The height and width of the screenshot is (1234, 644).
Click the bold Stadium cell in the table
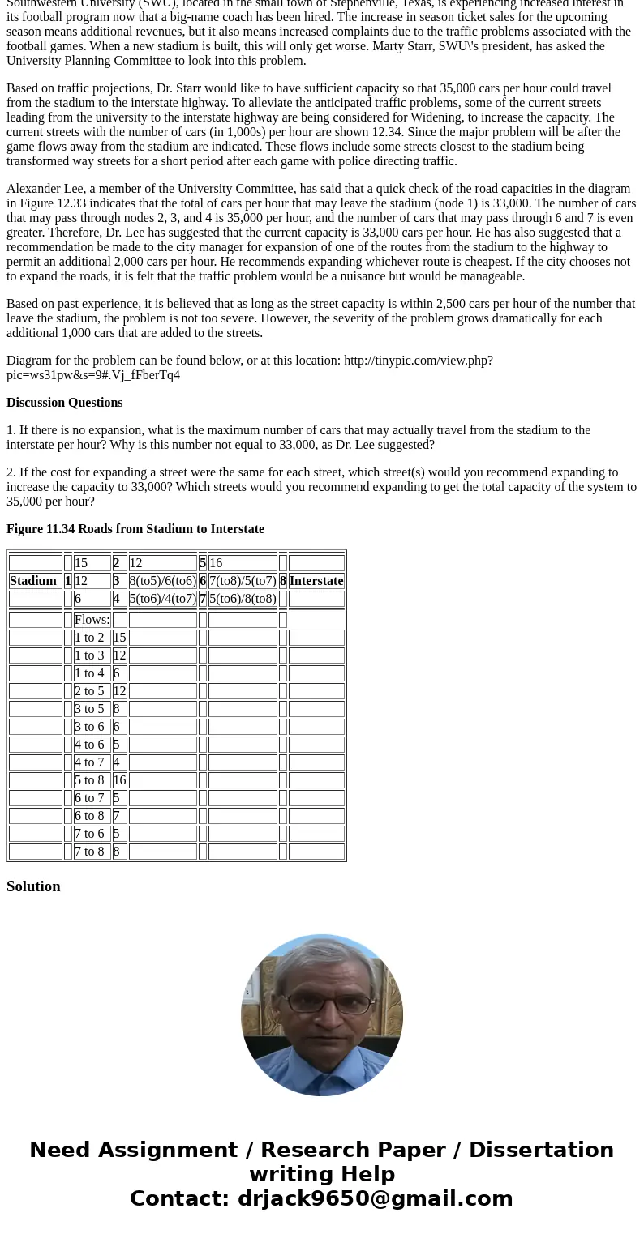coord(32,581)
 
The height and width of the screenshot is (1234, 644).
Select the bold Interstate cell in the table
coord(316,581)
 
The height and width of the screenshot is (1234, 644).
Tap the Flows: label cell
coord(92,620)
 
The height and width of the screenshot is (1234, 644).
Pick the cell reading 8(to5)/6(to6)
coord(162,581)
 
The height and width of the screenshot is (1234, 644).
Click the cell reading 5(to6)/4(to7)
coord(162,599)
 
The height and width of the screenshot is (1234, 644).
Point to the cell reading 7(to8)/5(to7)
coord(243,581)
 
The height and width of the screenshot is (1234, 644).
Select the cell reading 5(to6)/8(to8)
coord(243,599)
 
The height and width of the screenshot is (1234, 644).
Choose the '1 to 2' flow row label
coord(89,638)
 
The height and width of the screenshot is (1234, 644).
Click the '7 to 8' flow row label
coord(89,852)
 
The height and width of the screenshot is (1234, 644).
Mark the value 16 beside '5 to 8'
coord(119,780)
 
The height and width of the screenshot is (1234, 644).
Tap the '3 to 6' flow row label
coord(89,727)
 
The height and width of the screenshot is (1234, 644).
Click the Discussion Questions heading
coord(65,403)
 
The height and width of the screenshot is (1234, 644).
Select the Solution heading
coord(33,886)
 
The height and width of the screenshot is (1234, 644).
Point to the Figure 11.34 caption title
coord(135,529)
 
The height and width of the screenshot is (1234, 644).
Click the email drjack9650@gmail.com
coord(375,1199)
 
